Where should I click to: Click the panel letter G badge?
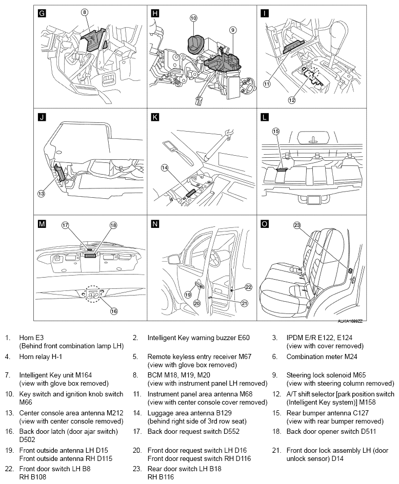pos(42,13)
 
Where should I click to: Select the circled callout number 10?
pos(193,18)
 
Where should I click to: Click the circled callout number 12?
pos(291,100)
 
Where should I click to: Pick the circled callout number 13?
pos(41,193)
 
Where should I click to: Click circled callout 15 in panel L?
pos(275,132)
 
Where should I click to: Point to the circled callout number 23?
pos(297,225)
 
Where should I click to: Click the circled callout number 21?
pos(244,303)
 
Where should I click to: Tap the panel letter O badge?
pos(264,223)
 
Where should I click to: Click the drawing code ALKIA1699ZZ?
pos(350,321)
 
